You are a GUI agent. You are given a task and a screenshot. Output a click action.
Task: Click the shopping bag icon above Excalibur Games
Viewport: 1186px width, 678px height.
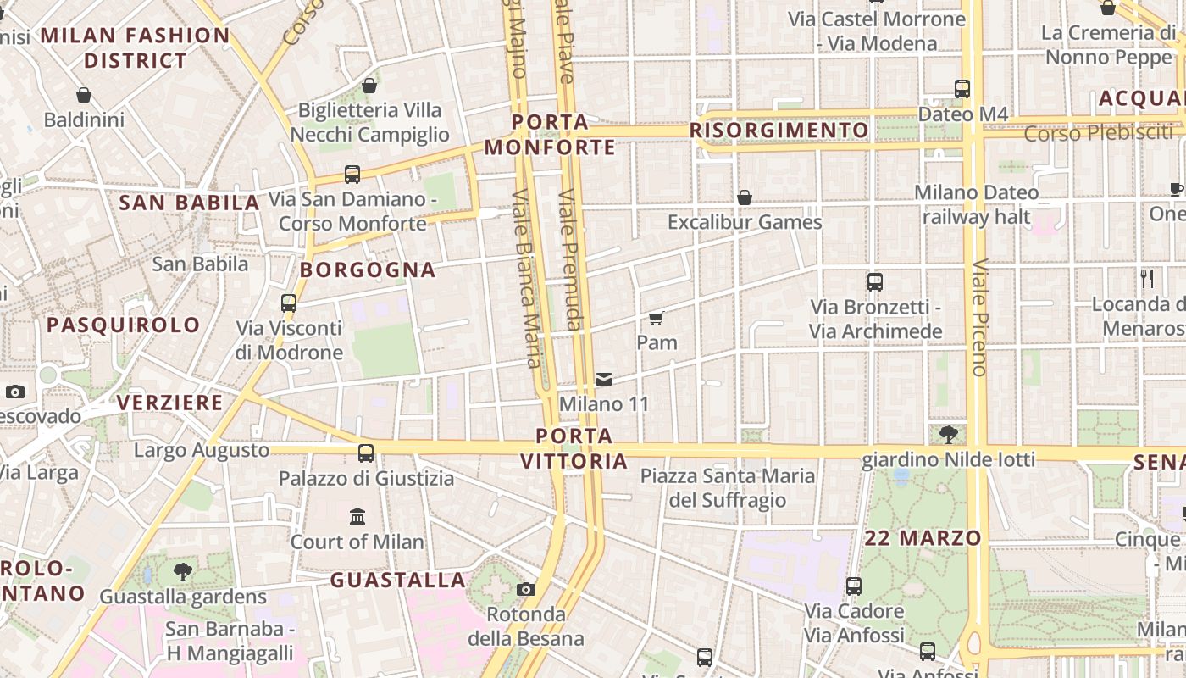(x=745, y=197)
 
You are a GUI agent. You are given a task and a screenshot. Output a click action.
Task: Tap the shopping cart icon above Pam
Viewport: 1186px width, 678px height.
(x=656, y=319)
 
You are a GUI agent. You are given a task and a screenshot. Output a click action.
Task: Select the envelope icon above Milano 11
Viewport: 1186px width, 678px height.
(x=604, y=380)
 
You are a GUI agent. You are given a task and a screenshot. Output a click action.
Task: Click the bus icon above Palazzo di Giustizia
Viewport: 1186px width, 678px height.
(x=366, y=453)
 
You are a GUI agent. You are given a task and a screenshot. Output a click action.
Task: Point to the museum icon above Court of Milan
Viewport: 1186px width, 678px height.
(x=357, y=516)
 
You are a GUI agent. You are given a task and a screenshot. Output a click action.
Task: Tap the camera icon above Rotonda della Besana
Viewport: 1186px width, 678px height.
(x=526, y=589)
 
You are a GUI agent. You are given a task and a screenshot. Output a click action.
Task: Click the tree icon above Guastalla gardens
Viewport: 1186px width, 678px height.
(x=182, y=572)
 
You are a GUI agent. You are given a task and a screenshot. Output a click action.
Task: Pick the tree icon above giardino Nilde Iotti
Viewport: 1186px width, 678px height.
(x=949, y=435)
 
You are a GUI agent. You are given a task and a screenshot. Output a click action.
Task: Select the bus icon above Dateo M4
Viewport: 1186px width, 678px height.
(x=962, y=89)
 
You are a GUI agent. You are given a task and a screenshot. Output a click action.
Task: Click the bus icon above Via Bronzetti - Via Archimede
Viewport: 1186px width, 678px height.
(x=875, y=282)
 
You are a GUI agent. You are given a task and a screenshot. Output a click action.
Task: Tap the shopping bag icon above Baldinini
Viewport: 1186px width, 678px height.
(x=84, y=95)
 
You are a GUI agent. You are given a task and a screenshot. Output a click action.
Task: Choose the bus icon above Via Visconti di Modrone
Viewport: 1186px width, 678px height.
(x=289, y=303)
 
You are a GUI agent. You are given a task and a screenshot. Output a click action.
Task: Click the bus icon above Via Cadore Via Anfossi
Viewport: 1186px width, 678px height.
(x=854, y=586)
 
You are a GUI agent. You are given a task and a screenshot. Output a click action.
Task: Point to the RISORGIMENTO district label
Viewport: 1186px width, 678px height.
(x=779, y=131)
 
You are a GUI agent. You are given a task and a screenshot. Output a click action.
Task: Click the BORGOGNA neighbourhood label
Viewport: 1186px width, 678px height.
(x=369, y=270)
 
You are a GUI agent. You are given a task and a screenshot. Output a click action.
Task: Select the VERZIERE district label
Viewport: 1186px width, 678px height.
(x=170, y=403)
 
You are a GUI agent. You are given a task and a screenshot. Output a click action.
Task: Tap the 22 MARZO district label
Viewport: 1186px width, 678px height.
(x=923, y=538)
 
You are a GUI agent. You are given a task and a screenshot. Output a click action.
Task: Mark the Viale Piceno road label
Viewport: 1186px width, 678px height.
(x=979, y=317)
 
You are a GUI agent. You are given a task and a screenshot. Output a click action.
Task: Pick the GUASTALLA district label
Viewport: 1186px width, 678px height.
(x=398, y=581)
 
